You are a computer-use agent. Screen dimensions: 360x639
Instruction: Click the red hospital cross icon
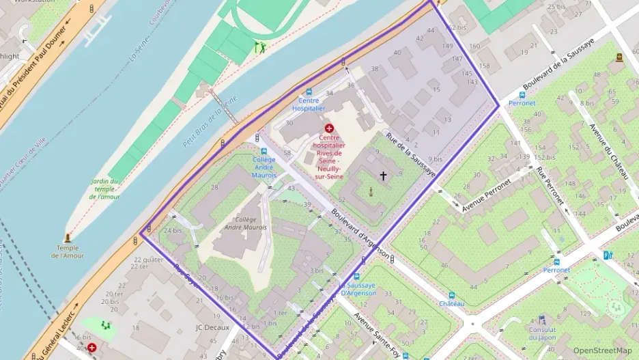pyautogui.click(x=329, y=128)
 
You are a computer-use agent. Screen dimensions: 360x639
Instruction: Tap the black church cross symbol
pyautogui.click(x=383, y=176)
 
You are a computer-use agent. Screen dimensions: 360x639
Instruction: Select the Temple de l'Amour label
pyautogui.click(x=67, y=251)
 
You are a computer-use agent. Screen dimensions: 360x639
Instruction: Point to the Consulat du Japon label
pyautogui.click(x=542, y=333)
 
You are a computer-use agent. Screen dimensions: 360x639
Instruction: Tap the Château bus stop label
pyautogui.click(x=452, y=303)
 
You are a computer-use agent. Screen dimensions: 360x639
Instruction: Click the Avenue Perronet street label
pyautogui.click(x=486, y=195)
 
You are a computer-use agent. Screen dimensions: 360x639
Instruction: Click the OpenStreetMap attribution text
pyautogui.click(x=603, y=350)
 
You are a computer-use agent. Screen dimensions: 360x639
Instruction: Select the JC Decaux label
pyautogui.click(x=212, y=327)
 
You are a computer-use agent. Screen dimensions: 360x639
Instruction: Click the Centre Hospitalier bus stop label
pyautogui.click(x=309, y=105)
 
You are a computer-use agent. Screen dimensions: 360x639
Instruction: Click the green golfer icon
pyautogui.click(x=259, y=47)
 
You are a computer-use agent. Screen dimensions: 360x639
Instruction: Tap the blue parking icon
pyautogui.click(x=608, y=255)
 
